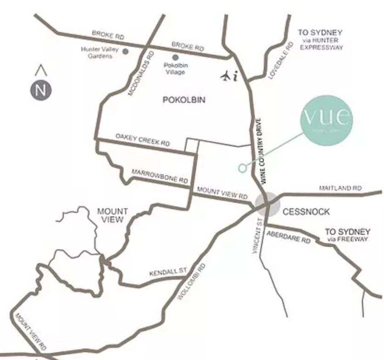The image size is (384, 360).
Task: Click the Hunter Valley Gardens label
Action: [97, 52]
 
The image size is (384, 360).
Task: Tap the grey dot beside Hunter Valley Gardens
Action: [125, 51]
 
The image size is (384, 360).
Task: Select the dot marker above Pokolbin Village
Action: [175, 57]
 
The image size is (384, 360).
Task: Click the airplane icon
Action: [226, 76]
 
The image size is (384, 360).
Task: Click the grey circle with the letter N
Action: [41, 89]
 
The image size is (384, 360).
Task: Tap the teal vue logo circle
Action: [327, 121]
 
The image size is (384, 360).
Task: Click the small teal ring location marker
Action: [242, 168]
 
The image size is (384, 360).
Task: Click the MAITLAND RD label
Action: [340, 188]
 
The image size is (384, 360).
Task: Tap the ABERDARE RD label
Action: [288, 237]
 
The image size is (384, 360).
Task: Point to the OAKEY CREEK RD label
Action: [142, 140]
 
